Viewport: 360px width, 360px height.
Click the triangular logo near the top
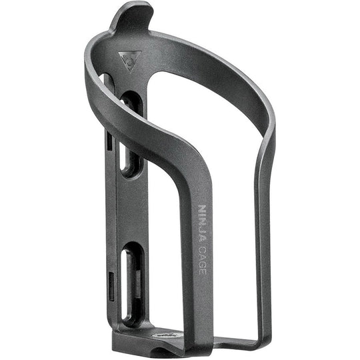[x=125, y=61]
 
